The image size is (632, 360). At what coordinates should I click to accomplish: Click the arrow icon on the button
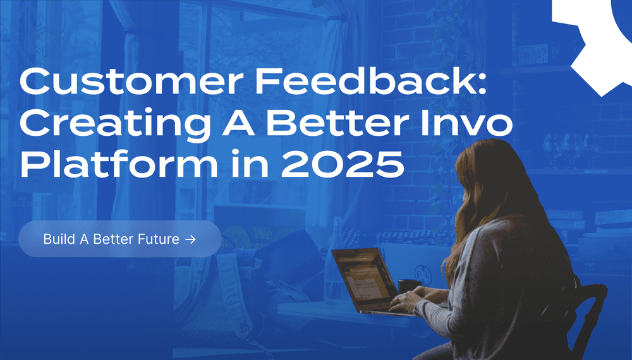(x=190, y=239)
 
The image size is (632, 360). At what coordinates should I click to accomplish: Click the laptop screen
(x=363, y=278)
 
